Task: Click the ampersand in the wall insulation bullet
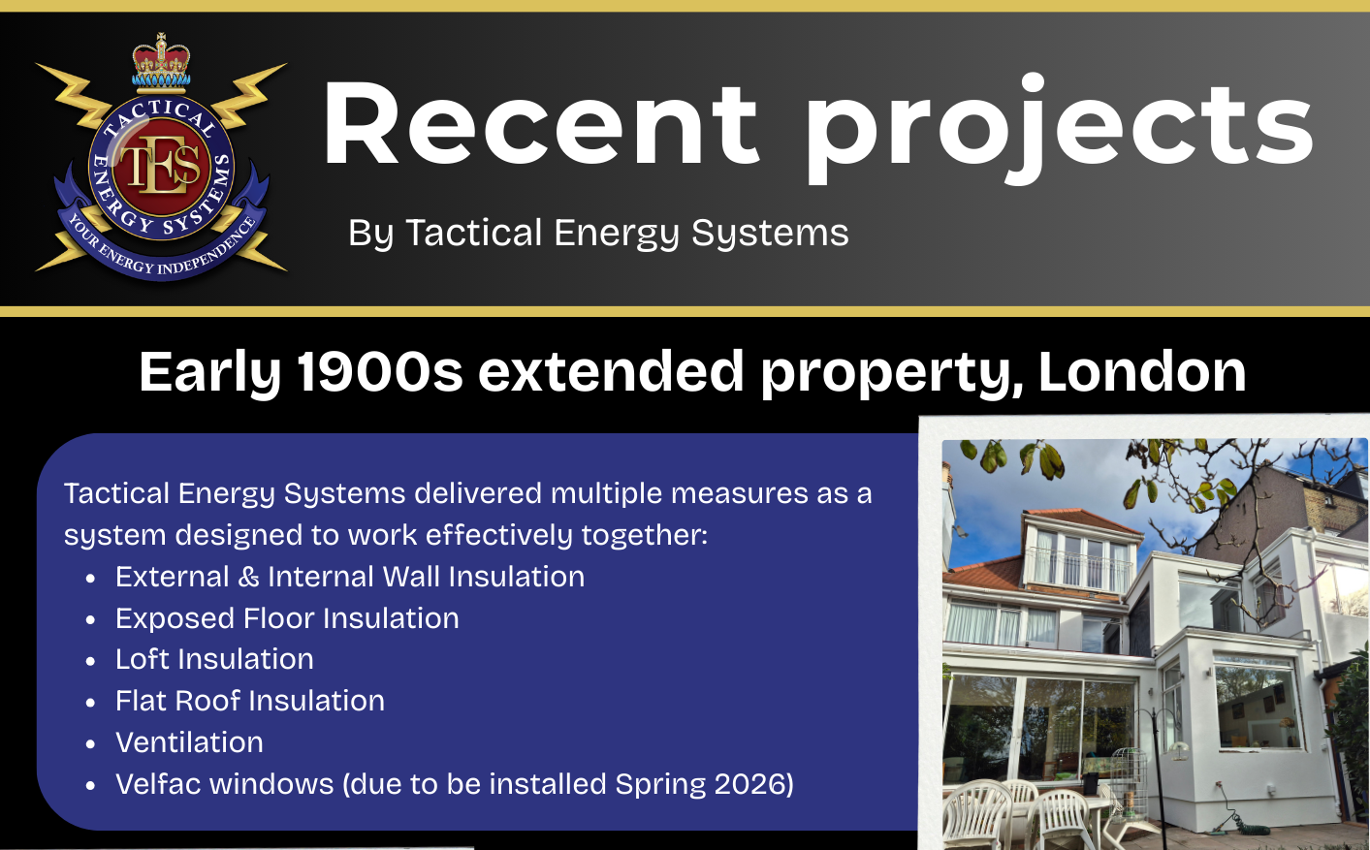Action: [248, 577]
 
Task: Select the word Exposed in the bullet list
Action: [175, 618]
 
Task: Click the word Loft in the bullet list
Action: [142, 659]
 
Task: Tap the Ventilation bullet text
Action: [189, 742]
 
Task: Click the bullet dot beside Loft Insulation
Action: [90, 661]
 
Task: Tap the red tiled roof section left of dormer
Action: [985, 576]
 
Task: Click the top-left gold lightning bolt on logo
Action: [77, 92]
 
